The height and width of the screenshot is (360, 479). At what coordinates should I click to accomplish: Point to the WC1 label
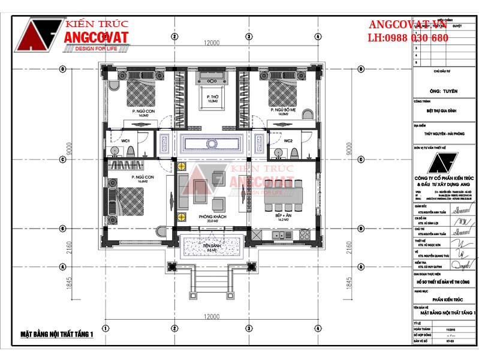(126, 140)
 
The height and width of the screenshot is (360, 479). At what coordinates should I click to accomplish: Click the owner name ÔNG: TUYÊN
(444, 91)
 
